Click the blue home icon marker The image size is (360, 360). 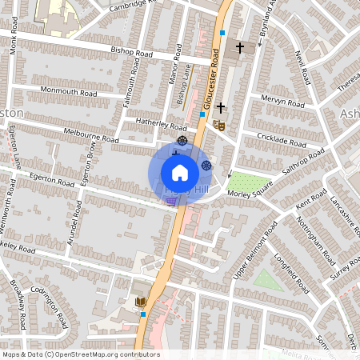(179, 173)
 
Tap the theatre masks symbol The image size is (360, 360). (218, 124)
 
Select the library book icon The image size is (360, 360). (141, 302)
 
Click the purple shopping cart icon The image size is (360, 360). (171, 202)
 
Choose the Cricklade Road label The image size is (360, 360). (282, 139)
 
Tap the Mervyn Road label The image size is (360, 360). (282, 102)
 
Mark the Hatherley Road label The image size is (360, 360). (161, 125)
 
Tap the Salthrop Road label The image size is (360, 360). (303, 160)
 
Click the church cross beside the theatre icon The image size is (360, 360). (220, 106)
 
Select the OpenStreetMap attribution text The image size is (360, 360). (81, 354)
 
